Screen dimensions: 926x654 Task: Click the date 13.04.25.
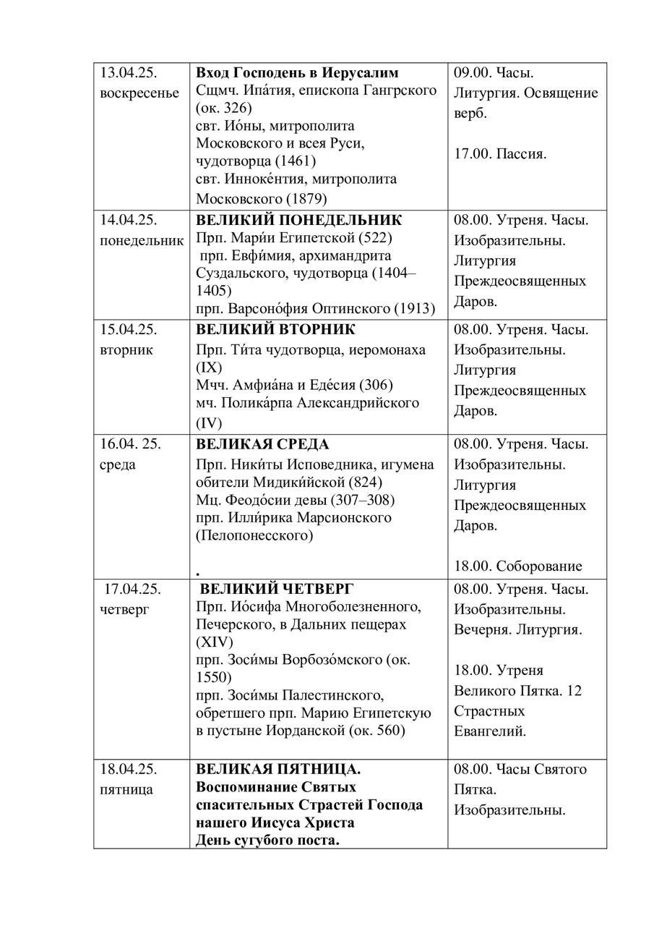tap(129, 73)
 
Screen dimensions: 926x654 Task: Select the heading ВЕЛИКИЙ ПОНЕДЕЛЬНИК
tap(298, 220)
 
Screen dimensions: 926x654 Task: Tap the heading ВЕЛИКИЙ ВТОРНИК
tap(275, 329)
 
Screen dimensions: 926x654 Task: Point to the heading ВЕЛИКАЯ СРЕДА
tap(262, 444)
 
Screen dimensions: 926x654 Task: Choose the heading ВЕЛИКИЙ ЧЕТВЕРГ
tap(277, 589)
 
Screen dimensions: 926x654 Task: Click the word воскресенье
tap(139, 93)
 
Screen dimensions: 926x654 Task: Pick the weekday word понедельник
tap(142, 240)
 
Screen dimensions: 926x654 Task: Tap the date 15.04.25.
tap(129, 329)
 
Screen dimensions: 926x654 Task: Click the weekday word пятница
tap(126, 789)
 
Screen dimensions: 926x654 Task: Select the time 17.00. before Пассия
tap(473, 154)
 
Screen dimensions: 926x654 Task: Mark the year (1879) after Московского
tap(307, 197)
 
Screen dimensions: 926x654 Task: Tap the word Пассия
tap(521, 154)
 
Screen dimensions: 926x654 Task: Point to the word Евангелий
tap(489, 731)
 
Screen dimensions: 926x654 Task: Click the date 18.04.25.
tap(129, 769)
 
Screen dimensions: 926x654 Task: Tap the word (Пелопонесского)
tap(254, 536)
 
